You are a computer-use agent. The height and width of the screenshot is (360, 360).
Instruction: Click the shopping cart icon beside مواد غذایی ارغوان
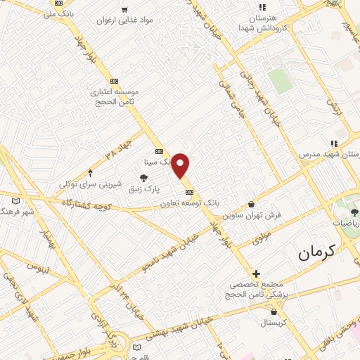pyautogui.click(x=124, y=11)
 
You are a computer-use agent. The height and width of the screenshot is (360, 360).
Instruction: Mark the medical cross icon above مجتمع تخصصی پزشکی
pyautogui.click(x=256, y=274)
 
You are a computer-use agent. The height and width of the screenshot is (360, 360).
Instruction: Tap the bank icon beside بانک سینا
pyautogui.click(x=159, y=150)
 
